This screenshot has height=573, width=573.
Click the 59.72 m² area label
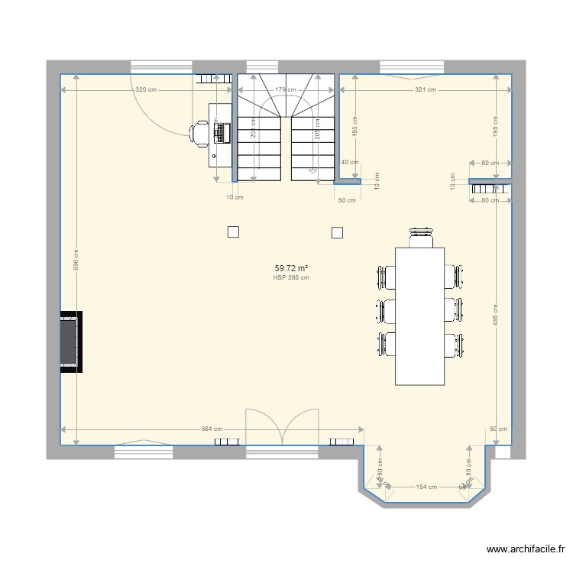pyautogui.click(x=290, y=268)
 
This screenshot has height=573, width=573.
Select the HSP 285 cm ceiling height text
pyautogui.click(x=290, y=278)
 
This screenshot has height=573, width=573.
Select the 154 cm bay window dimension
pyautogui.click(x=426, y=487)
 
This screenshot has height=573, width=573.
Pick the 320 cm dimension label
pyautogui.click(x=146, y=90)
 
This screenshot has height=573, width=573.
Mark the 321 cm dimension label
pyautogui.click(x=425, y=90)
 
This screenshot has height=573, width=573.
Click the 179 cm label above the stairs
pyautogui.click(x=285, y=90)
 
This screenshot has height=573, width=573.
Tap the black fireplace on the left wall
pyautogui.click(x=71, y=342)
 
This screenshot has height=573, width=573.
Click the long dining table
pyautogui.click(x=419, y=316)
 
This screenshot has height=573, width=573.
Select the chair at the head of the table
pyautogui.click(x=420, y=237)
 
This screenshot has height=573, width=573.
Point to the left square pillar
pyautogui.click(x=233, y=232)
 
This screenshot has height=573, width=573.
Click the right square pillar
pyautogui.click(x=336, y=232)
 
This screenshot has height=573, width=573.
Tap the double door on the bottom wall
pyautogui.click(x=281, y=428)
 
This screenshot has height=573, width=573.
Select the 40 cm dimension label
pyautogui.click(x=350, y=162)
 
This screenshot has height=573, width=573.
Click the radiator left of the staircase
pyautogui.click(x=215, y=78)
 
